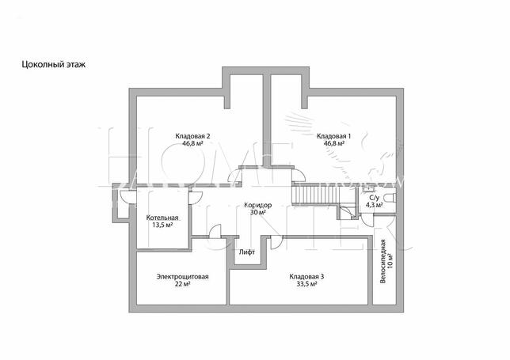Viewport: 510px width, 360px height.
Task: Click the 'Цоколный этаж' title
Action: (x=54, y=64)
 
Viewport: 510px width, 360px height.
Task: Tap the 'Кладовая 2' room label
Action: (x=192, y=136)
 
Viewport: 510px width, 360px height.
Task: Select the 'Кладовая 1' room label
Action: (x=333, y=136)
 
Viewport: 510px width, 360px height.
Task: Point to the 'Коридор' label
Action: (x=258, y=206)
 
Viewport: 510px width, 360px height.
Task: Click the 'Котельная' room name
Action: (x=162, y=218)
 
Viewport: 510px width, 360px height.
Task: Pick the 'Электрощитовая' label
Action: (x=182, y=277)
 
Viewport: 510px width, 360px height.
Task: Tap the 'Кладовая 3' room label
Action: (x=306, y=277)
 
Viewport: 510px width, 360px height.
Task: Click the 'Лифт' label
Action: (x=247, y=252)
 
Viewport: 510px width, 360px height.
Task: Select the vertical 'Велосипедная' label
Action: (x=383, y=261)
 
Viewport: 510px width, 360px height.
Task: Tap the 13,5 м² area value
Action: (x=162, y=225)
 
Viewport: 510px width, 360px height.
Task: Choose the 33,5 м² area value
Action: (x=306, y=284)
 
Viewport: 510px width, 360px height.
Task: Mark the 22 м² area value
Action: (x=182, y=284)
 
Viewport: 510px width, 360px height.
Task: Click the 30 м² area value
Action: (x=258, y=213)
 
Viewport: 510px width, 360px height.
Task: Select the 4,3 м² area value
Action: (x=375, y=205)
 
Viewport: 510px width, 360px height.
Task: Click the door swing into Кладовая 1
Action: (x=299, y=175)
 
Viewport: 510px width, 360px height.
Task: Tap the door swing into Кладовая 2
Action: (x=234, y=176)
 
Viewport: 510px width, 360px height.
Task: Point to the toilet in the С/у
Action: (x=390, y=197)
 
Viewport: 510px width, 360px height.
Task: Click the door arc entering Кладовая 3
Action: (x=276, y=243)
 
